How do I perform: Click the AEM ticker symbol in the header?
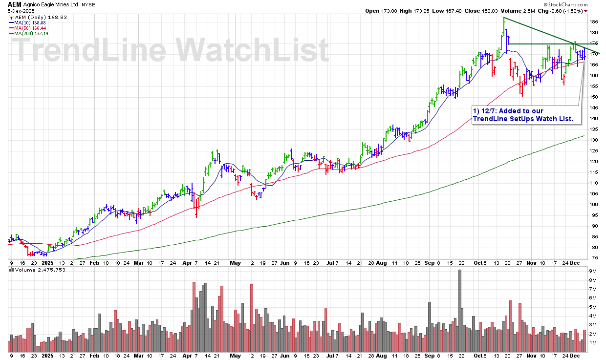(x=14, y=4)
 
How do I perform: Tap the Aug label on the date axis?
(x=381, y=262)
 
